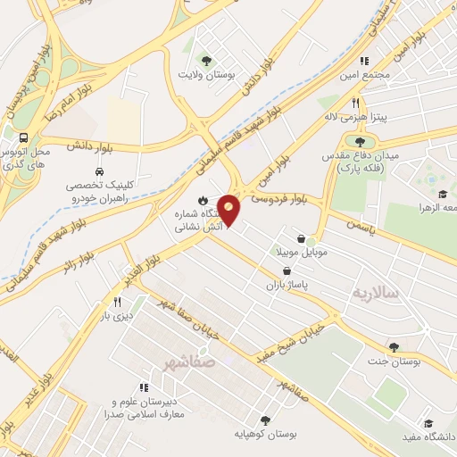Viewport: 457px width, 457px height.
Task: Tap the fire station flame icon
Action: (202, 200)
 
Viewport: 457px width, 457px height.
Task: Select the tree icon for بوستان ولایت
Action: (207, 61)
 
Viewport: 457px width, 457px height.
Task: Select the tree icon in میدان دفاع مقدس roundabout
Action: (360, 141)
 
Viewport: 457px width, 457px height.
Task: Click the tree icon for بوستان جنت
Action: (394, 347)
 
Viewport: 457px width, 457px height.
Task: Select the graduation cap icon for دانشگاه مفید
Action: (428, 423)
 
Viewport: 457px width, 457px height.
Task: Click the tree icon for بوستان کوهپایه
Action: (264, 420)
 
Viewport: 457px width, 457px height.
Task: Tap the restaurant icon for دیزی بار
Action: (117, 302)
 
